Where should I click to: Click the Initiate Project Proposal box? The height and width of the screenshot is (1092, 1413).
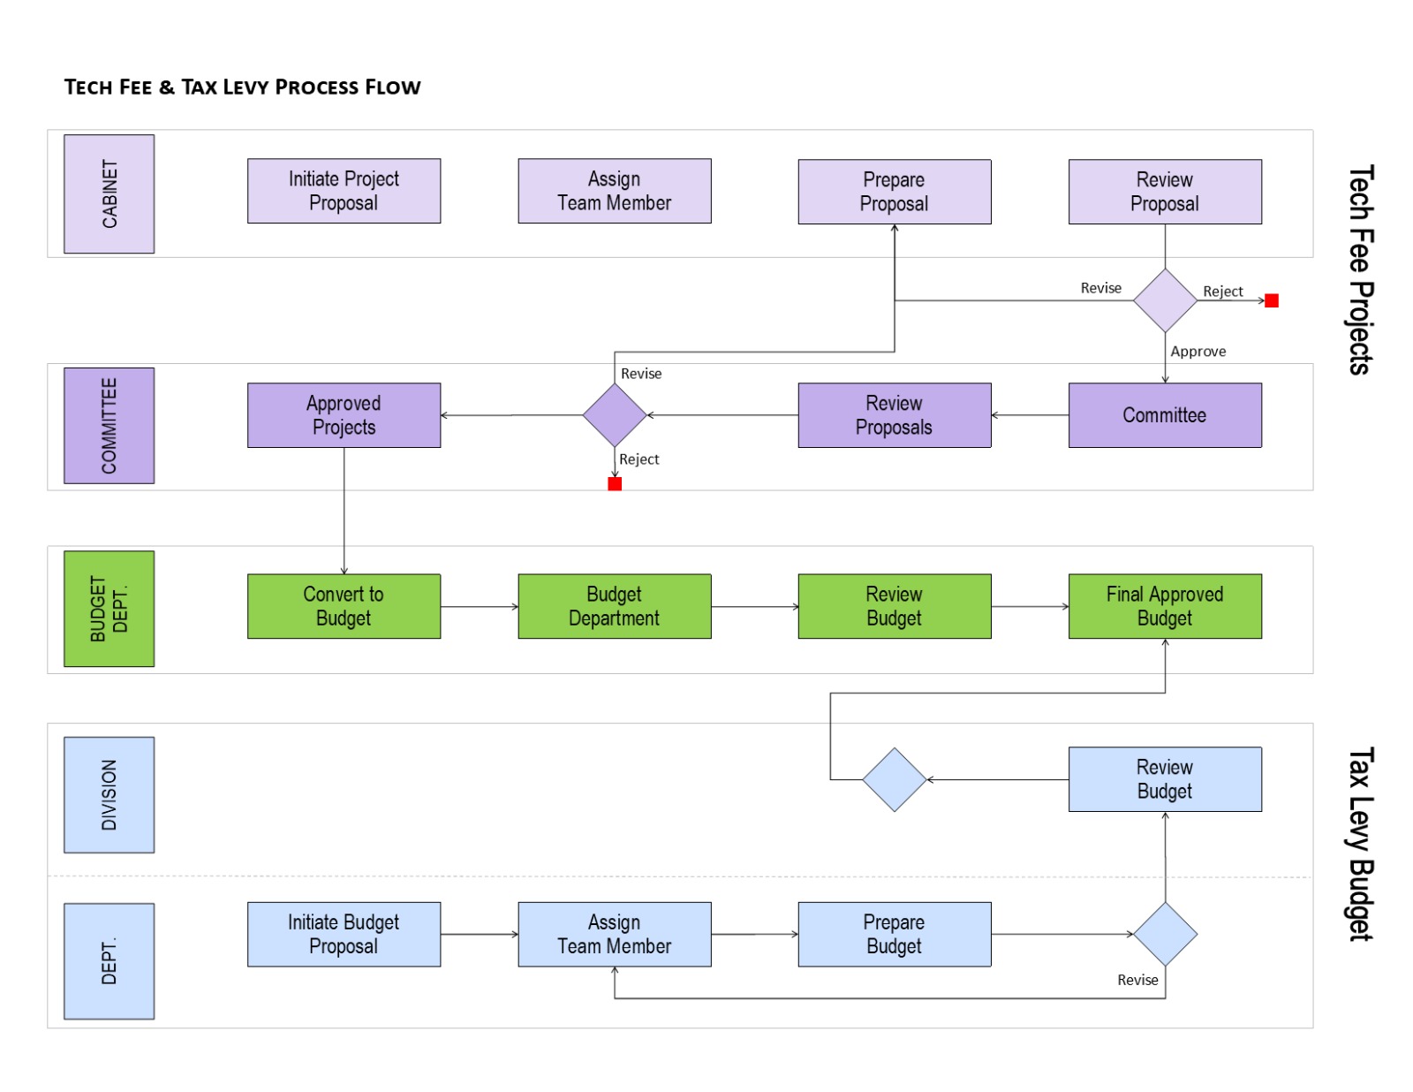click(x=344, y=191)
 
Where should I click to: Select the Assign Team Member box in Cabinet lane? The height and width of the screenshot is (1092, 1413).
click(x=614, y=191)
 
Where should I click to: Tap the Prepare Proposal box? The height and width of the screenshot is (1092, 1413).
click(x=894, y=192)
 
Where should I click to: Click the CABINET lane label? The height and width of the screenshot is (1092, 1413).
click(x=109, y=193)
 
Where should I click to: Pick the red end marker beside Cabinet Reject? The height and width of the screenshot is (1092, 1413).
click(x=1271, y=301)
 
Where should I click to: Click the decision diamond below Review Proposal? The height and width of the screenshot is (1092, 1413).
click(x=1164, y=300)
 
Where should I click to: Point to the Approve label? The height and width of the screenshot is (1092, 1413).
click(x=1198, y=352)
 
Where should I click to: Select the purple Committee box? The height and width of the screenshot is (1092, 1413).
click(x=1164, y=415)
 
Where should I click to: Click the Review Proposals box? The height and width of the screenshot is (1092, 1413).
click(x=894, y=415)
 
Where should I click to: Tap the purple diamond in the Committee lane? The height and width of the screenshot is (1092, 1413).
click(x=615, y=415)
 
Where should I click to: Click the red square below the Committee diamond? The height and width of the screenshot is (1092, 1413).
click(x=615, y=483)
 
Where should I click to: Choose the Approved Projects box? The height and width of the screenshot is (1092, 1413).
click(x=344, y=415)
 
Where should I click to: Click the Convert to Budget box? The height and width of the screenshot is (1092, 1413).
click(x=344, y=606)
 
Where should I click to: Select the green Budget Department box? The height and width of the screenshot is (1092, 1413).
click(x=614, y=606)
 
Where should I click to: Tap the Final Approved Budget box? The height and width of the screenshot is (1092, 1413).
click(x=1164, y=606)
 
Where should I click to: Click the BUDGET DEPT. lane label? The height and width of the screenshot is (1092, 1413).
click(x=109, y=609)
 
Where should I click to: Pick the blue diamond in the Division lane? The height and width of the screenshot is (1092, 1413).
click(x=894, y=779)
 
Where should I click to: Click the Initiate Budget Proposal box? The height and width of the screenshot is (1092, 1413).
click(x=344, y=934)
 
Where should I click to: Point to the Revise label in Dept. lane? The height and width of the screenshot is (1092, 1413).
click(x=1137, y=980)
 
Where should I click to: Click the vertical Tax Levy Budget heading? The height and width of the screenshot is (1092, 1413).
click(x=1360, y=844)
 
